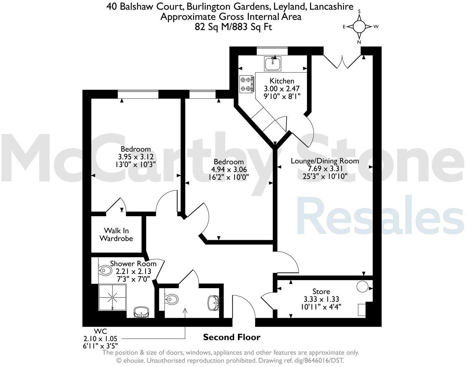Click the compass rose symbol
click(x=359, y=26)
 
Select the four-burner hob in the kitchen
click(x=246, y=84)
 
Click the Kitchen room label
click(x=282, y=81)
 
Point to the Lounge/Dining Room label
click(x=325, y=161)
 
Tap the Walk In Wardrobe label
click(x=116, y=235)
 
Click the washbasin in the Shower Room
click(x=142, y=312)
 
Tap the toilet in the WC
click(x=171, y=299)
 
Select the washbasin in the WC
click(x=214, y=302)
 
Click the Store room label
click(x=321, y=291)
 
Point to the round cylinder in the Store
click(x=362, y=287)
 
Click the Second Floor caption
click(x=231, y=337)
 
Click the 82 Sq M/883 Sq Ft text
click(x=233, y=27)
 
